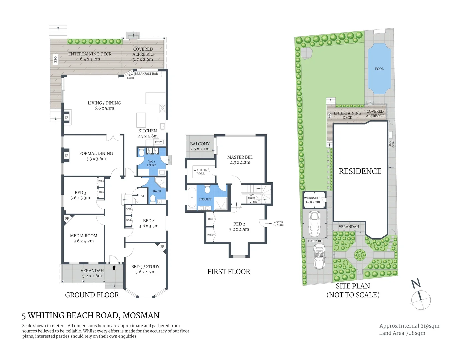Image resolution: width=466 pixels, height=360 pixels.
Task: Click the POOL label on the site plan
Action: [x=379, y=69]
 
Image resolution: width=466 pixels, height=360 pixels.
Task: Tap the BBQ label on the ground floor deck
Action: [x=56, y=59]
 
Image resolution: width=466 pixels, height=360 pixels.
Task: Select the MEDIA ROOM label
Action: [x=84, y=236]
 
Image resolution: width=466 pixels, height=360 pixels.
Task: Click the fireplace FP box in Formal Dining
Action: [x=66, y=156]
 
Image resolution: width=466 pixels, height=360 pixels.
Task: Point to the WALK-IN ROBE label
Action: [x=200, y=172]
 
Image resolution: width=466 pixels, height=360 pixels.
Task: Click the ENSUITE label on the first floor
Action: [x=205, y=199]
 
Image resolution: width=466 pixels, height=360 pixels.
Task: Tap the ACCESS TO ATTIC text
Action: [x=278, y=224]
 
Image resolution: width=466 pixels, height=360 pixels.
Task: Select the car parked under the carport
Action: [x=315, y=223]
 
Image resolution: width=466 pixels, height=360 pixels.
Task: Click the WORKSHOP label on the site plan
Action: [x=312, y=198]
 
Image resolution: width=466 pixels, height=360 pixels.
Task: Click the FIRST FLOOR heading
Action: [x=229, y=272]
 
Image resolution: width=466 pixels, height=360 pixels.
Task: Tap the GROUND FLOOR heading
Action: [x=92, y=295]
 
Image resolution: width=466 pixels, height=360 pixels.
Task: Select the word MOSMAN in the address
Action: [x=141, y=315]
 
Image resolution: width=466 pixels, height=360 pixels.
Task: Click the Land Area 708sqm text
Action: [x=402, y=333]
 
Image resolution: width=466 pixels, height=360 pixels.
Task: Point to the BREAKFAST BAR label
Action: [x=146, y=74]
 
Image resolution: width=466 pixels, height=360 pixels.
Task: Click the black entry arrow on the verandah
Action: [x=114, y=267]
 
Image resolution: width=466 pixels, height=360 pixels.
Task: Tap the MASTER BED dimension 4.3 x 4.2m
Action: [x=240, y=163]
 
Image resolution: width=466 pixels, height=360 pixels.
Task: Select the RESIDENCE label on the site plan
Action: [x=360, y=171]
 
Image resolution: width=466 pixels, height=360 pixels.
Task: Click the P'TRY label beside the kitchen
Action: [x=158, y=142]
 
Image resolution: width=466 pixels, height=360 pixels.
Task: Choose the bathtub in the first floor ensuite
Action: [x=192, y=198]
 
